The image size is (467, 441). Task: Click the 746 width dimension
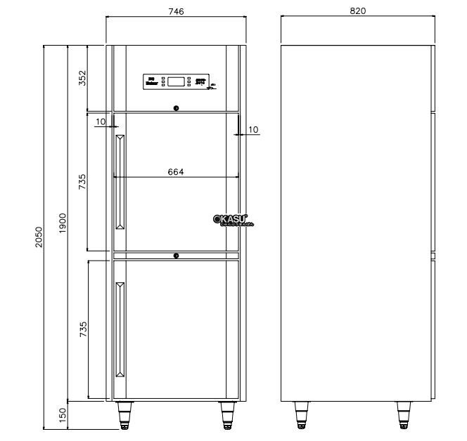(x=176, y=11)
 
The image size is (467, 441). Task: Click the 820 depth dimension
(x=358, y=11)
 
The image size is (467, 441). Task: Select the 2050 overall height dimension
(x=39, y=237)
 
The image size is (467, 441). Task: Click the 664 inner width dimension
(x=176, y=171)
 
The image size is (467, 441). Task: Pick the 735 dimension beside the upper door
(x=82, y=182)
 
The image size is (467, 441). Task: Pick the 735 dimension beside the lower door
(x=82, y=329)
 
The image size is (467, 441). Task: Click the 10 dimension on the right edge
(x=253, y=129)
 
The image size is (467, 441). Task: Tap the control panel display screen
(x=177, y=81)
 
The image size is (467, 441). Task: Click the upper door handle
(x=120, y=182)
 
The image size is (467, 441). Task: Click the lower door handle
(x=120, y=329)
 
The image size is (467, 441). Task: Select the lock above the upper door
(x=176, y=108)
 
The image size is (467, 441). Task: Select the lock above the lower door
(x=176, y=256)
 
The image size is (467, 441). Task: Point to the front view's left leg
(x=125, y=414)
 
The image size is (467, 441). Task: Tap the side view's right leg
(x=404, y=414)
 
